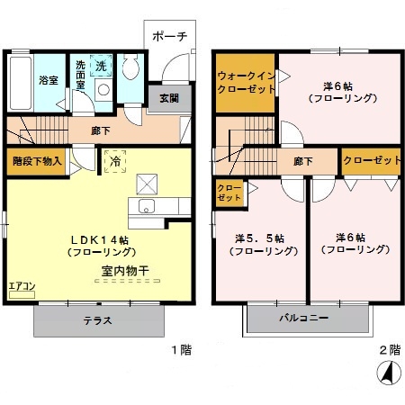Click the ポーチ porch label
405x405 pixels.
(169, 37)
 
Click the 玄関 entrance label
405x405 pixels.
(169, 99)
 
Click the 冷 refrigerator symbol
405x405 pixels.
(115, 161)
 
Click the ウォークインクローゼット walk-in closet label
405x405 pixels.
(244, 83)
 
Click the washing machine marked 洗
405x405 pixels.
(102, 68)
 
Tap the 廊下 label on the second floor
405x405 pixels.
(302, 161)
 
